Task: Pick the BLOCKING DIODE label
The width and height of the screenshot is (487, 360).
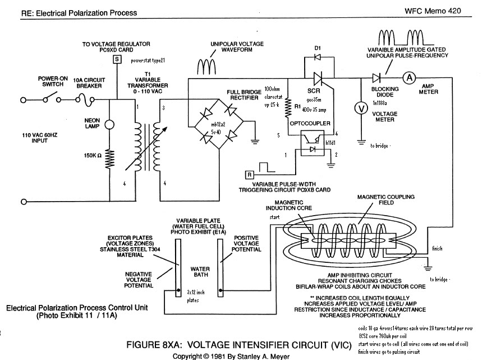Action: [385, 92]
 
